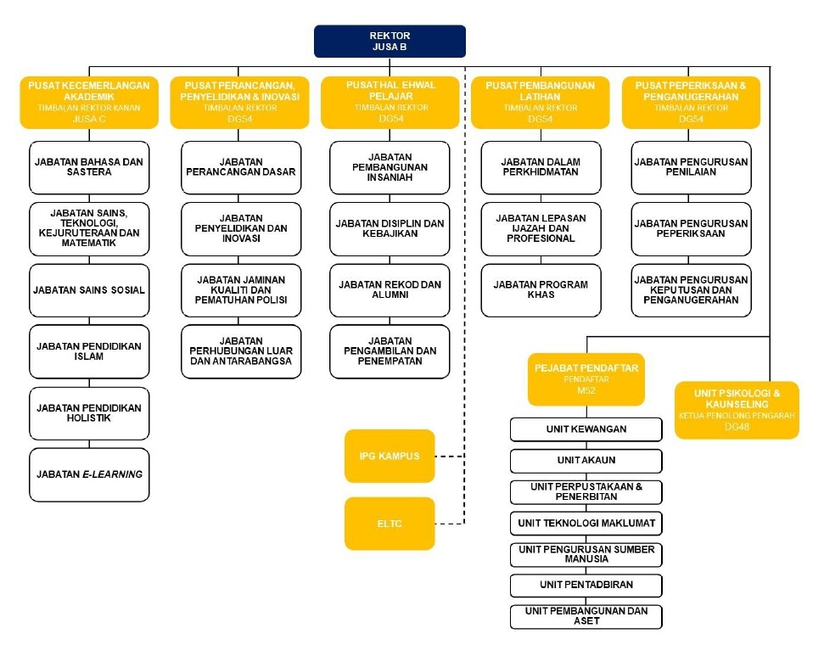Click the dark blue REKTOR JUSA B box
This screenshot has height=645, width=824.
pos(390,41)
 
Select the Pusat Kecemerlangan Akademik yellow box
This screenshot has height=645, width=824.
pos(89,102)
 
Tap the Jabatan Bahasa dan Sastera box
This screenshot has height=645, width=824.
pos(89,167)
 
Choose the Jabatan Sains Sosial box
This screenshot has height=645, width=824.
pos(89,290)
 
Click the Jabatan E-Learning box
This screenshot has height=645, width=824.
pos(89,474)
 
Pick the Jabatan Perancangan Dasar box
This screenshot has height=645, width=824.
pos(241,167)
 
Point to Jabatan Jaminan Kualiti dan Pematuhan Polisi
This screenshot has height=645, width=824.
pos(241,290)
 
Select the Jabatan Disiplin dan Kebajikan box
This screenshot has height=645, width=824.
pos(390,228)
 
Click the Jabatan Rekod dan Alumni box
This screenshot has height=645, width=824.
pos(390,290)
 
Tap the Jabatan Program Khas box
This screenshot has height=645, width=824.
pos(541,290)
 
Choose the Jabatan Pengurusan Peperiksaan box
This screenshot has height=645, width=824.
pos(691,228)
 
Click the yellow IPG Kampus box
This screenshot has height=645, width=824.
pos(390,456)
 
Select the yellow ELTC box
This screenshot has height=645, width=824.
pos(390,524)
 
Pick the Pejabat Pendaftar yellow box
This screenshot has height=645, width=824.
pos(586,379)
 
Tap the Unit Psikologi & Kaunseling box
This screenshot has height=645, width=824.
pos(737,410)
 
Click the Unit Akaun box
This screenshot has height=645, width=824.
pos(586,461)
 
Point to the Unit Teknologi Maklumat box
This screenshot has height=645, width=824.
pos(586,523)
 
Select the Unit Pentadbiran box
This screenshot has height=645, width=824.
pos(586,585)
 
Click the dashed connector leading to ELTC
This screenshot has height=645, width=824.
pos(450,524)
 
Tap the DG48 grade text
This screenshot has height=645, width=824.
pos(737,427)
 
